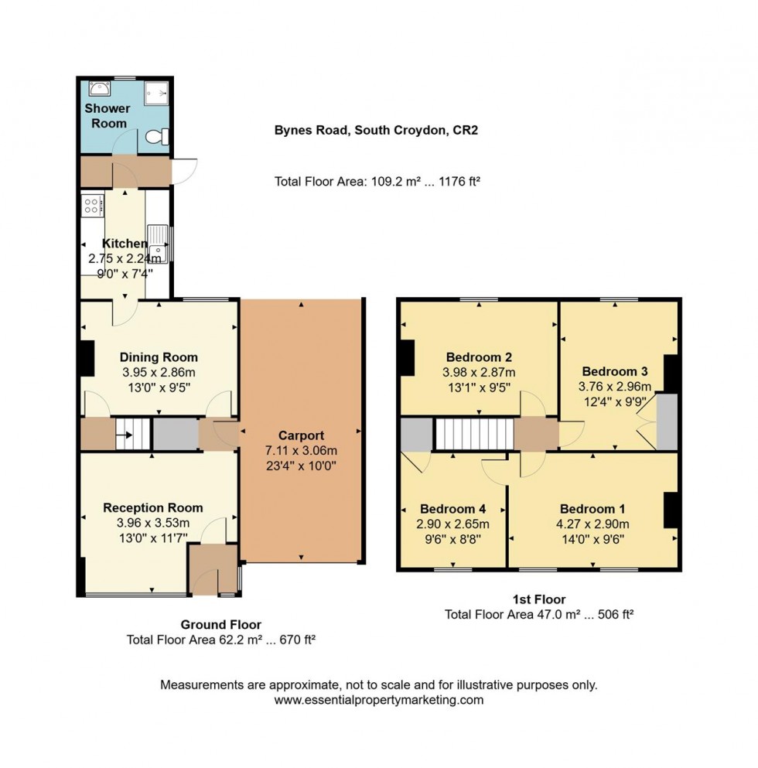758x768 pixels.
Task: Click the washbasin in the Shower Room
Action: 97,88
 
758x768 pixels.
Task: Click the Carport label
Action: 302,435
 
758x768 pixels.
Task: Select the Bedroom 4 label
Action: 452,509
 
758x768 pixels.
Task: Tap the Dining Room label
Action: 159,357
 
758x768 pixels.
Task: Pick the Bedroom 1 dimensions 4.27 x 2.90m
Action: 592,524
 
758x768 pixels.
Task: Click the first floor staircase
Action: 474,434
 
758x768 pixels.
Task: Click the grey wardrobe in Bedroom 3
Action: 667,422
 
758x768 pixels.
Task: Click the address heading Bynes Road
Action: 376,130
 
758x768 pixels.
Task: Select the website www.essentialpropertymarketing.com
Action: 378,700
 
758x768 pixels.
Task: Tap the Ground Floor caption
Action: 220,624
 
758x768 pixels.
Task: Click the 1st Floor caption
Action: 539,599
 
